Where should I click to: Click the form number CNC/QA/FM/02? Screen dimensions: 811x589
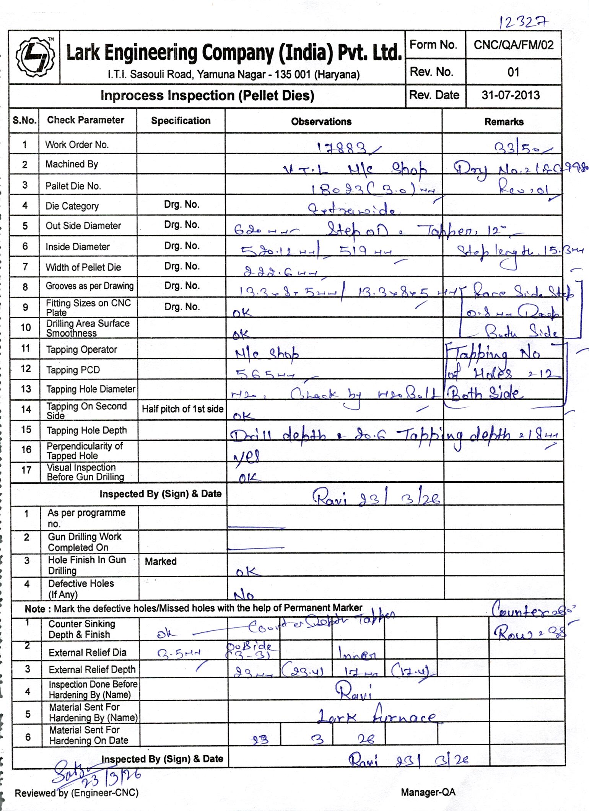click(513, 45)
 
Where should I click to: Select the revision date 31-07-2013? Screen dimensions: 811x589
click(511, 95)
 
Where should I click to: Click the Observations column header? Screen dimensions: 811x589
click(321, 122)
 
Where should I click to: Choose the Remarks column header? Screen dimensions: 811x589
click(504, 122)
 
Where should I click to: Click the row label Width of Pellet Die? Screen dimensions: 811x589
click(83, 267)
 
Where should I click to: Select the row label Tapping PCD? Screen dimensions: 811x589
click(73, 370)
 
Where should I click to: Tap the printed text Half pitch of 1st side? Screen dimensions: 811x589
click(182, 409)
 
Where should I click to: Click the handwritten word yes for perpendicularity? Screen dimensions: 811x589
click(247, 456)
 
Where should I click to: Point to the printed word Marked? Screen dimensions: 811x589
click(161, 561)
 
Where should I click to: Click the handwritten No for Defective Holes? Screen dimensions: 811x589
click(244, 595)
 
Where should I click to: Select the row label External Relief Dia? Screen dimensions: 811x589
click(87, 652)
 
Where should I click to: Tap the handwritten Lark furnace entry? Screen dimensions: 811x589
click(377, 716)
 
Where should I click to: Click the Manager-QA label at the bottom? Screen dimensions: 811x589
click(428, 792)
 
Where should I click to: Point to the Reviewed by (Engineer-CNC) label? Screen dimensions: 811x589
click(76, 793)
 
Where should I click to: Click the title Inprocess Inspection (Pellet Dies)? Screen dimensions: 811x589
click(207, 96)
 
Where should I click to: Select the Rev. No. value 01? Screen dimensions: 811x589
click(513, 72)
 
